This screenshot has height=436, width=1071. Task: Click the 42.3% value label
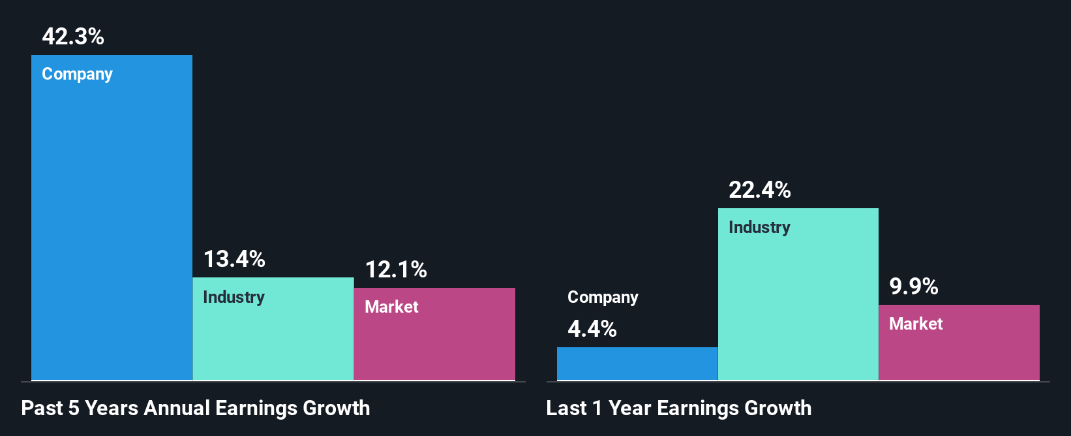pos(73,37)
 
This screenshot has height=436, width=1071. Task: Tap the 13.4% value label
pos(234,259)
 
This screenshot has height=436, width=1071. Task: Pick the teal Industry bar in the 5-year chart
pos(273,339)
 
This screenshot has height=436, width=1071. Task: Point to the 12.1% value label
pos(396,270)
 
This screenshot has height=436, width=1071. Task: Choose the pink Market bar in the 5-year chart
pos(434,346)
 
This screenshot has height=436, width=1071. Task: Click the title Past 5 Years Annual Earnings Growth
pos(196,408)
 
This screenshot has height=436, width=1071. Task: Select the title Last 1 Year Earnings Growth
pos(679,408)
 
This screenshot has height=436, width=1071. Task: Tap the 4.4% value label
pos(592,329)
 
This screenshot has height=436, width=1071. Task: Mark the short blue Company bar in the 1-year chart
pos(637,364)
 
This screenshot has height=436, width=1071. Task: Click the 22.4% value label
pos(760,190)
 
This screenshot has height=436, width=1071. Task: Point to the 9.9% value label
pos(914,287)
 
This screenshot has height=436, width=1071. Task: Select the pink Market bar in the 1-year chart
pos(959,352)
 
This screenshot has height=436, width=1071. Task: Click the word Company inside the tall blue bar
pos(78,74)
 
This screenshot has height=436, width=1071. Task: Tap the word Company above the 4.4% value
pos(603,298)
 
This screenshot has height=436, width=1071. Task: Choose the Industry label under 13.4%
pos(234,298)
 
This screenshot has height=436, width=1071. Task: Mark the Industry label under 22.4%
pos(759,228)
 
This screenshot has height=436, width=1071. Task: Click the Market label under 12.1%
pos(391,307)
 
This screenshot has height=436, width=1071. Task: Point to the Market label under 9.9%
pos(916,324)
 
